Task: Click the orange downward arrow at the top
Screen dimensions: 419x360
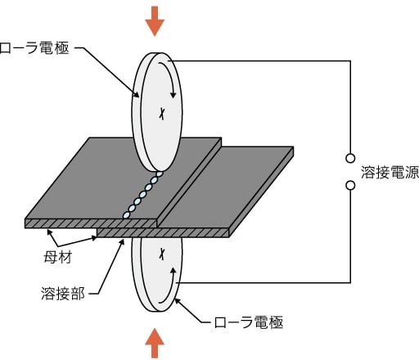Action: coord(155,21)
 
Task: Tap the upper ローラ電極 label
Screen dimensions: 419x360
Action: coord(34,48)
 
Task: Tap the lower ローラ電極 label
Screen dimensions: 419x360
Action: coord(249,322)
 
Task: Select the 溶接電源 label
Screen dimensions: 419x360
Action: coord(390,172)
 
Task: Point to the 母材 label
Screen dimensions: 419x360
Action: coord(57,257)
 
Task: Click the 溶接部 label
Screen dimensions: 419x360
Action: coord(63,294)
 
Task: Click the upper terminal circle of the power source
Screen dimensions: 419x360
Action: coord(350,158)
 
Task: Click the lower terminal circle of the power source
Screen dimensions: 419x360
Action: coord(350,186)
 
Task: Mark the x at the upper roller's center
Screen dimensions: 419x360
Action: coord(162,114)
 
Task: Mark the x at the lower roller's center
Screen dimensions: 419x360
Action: coord(162,254)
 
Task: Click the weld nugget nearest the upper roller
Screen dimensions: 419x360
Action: coord(160,173)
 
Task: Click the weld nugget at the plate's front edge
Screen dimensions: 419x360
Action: coord(126,215)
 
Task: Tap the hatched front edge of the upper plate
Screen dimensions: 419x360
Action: coord(91,223)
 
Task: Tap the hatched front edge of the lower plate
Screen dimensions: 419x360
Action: coord(163,233)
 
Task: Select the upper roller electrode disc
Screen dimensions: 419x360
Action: coord(157,112)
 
